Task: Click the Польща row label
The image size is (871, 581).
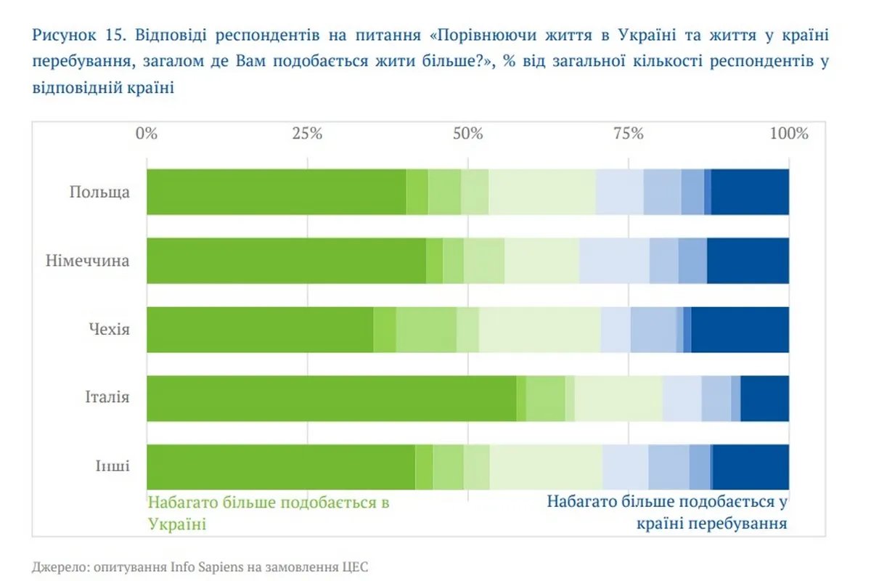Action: pyautogui.click(x=99, y=192)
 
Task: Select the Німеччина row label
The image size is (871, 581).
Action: pyautogui.click(x=87, y=261)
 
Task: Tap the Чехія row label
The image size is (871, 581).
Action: pyautogui.click(x=110, y=330)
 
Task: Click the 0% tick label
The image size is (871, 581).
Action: pyautogui.click(x=147, y=134)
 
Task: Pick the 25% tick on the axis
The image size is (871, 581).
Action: pyautogui.click(x=307, y=134)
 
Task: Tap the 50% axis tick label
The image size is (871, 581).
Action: pyautogui.click(x=467, y=134)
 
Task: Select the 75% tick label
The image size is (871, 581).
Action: pyautogui.click(x=629, y=134)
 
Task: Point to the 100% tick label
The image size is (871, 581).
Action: pyautogui.click(x=788, y=134)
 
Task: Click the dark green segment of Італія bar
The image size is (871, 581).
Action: pyautogui.click(x=331, y=398)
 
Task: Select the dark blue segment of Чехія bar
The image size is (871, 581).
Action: pyautogui.click(x=740, y=330)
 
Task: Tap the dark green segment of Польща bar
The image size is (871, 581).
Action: pyautogui.click(x=276, y=192)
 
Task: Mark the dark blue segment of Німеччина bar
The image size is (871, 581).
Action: pyautogui.click(x=748, y=261)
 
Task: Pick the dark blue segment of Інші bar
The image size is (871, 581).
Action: pyautogui.click(x=751, y=466)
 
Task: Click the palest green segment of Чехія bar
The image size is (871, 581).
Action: pyautogui.click(x=539, y=330)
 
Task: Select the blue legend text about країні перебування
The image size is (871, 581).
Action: pyautogui.click(x=667, y=512)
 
